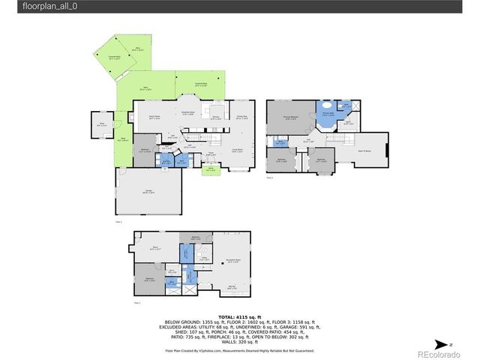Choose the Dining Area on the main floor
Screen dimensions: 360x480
[241, 118]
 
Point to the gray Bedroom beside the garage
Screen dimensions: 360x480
[145, 150]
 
